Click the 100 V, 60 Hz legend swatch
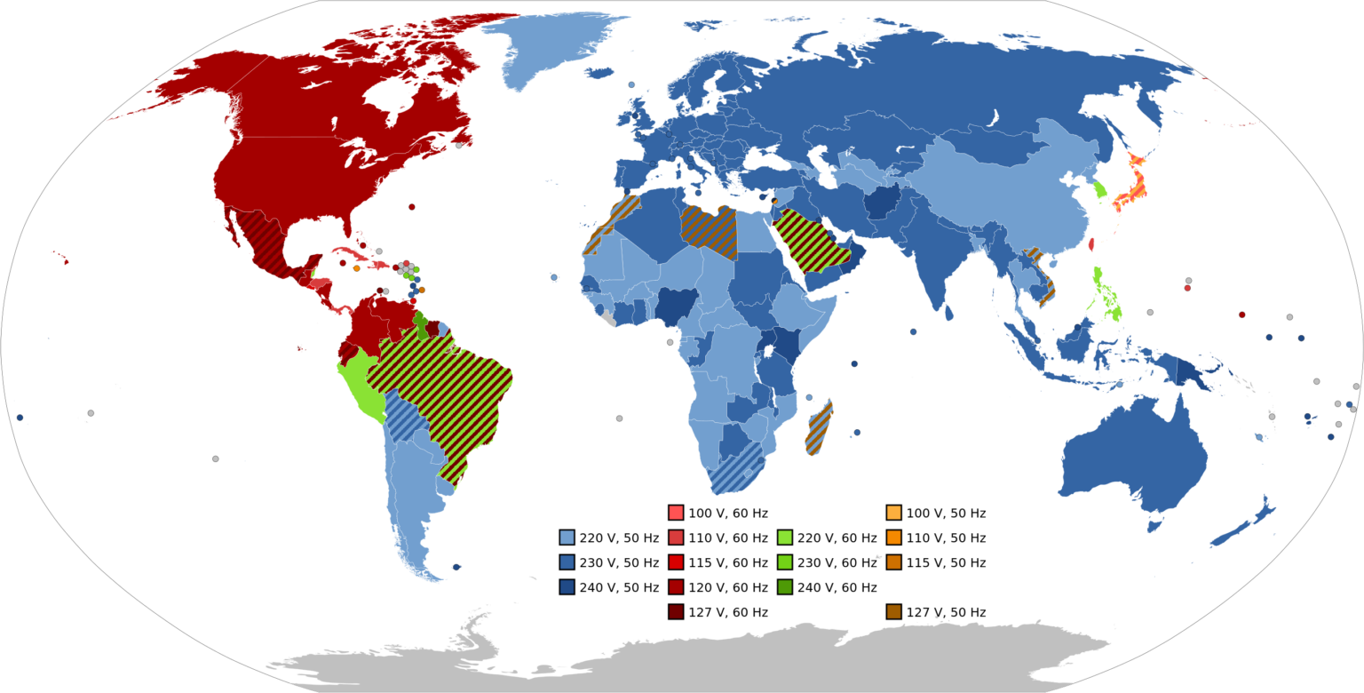tap(675, 513)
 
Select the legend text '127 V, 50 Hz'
tap(946, 612)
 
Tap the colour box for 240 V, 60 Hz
tap(784, 587)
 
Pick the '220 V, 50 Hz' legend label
tap(619, 538)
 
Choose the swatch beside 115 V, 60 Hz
tap(675, 562)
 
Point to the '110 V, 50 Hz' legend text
tap(946, 538)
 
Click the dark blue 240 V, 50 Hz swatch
tap(567, 587)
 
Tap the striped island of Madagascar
tap(820, 427)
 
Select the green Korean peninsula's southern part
tap(1099, 189)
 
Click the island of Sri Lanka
tap(950, 313)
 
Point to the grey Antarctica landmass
tap(710, 657)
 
